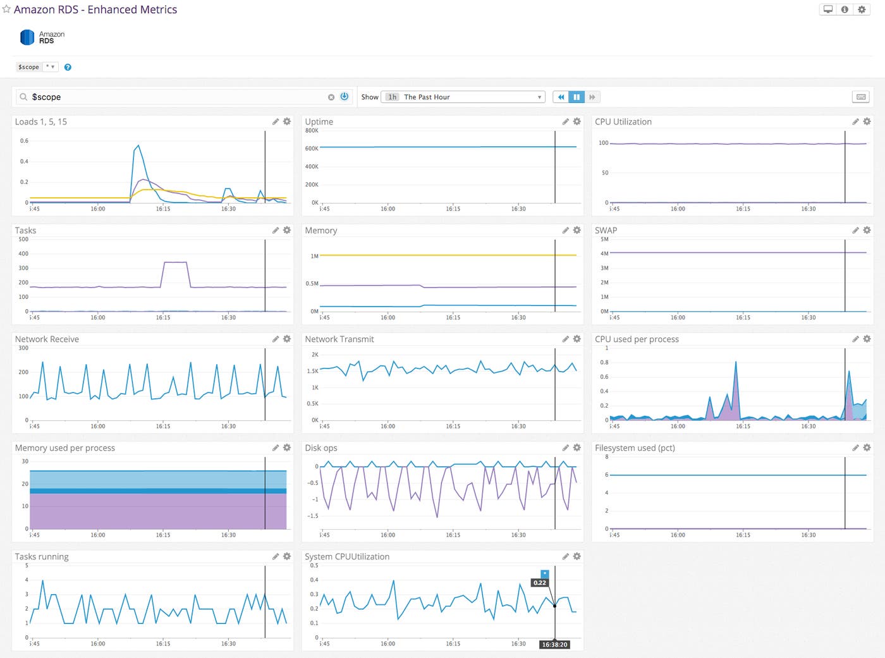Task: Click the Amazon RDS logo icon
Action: pyautogui.click(x=27, y=37)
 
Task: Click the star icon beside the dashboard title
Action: pyautogui.click(x=6, y=9)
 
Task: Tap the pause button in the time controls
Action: pyautogui.click(x=576, y=97)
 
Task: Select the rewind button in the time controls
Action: pyautogui.click(x=561, y=97)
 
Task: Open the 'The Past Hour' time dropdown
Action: pyautogui.click(x=463, y=97)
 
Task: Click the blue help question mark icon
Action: pyautogui.click(x=68, y=67)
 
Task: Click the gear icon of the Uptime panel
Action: pyautogui.click(x=577, y=121)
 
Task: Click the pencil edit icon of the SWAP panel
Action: pyautogui.click(x=855, y=230)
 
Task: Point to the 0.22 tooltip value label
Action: pyautogui.click(x=539, y=583)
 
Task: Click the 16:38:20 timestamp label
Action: pyautogui.click(x=554, y=645)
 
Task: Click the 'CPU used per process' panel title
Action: pyautogui.click(x=637, y=339)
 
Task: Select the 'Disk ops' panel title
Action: pyautogui.click(x=320, y=448)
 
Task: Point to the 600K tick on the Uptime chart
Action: pyautogui.click(x=312, y=149)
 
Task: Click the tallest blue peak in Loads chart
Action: pyautogui.click(x=138, y=145)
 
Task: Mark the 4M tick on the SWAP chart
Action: pyautogui.click(x=604, y=253)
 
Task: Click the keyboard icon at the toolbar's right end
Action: pyautogui.click(x=860, y=97)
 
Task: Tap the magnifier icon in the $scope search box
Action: pyautogui.click(x=23, y=97)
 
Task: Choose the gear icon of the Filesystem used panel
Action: pyautogui.click(x=867, y=448)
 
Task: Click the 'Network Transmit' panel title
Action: pyautogui.click(x=339, y=339)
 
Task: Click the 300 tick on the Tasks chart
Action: pyautogui.click(x=23, y=268)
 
